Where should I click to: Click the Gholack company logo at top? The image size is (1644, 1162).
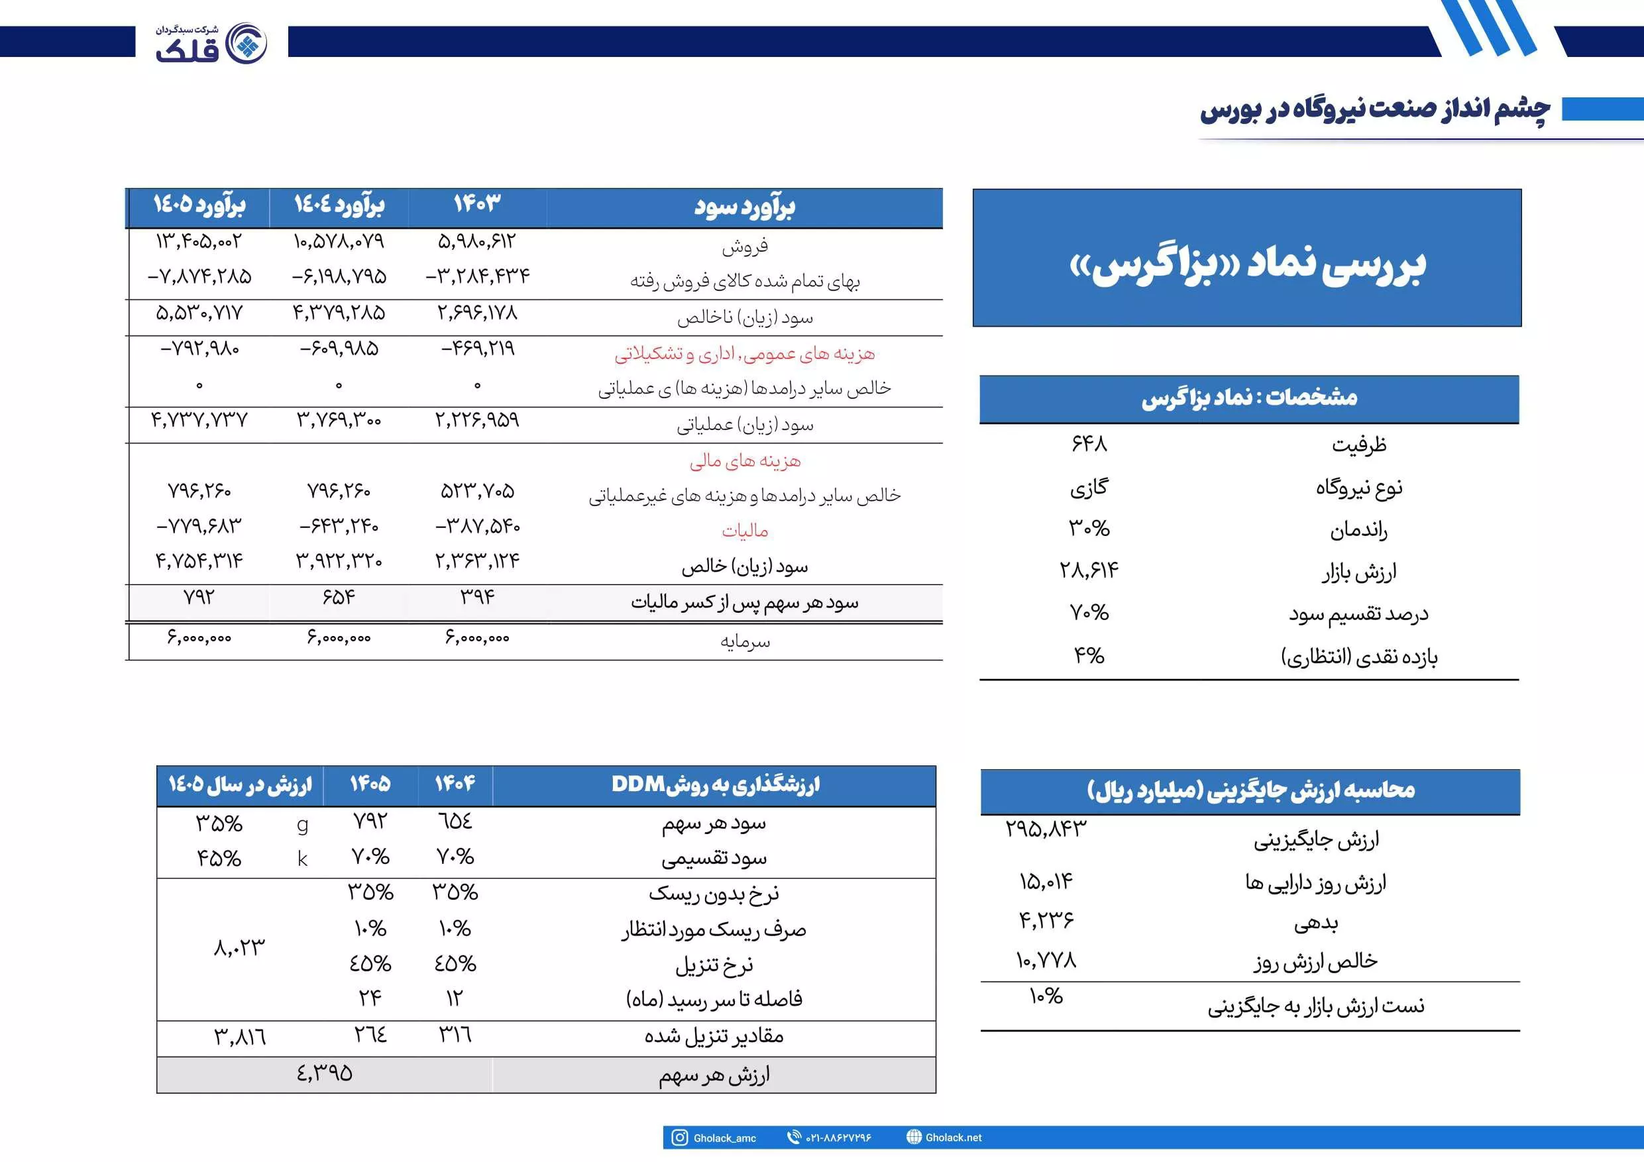pyautogui.click(x=211, y=43)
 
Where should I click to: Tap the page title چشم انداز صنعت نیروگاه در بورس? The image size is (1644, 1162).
pyautogui.click(x=1375, y=109)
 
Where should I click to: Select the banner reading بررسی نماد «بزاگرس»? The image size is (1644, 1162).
pyautogui.click(x=1246, y=264)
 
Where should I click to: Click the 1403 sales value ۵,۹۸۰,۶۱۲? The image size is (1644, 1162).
pyautogui.click(x=476, y=242)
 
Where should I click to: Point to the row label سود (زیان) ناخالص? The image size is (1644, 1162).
pyautogui.click(x=745, y=317)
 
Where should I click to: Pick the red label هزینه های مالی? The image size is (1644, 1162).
pyautogui.click(x=745, y=461)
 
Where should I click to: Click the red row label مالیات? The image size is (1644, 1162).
pyautogui.click(x=745, y=531)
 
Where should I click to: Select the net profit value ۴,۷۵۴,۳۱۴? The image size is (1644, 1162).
pyautogui.click(x=199, y=560)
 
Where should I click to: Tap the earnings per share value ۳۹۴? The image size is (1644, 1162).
pyautogui.click(x=477, y=597)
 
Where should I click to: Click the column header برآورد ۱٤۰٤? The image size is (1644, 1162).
pyautogui.click(x=339, y=205)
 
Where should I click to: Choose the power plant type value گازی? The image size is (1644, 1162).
pyautogui.click(x=1089, y=488)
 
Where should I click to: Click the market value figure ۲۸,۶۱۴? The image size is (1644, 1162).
pyautogui.click(x=1089, y=570)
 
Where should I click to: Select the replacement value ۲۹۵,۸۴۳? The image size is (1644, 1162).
pyautogui.click(x=1046, y=829)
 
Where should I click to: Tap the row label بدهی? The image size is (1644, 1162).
pyautogui.click(x=1315, y=924)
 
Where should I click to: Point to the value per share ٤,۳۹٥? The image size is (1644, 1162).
pyautogui.click(x=325, y=1073)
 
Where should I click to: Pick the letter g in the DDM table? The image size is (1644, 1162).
pyautogui.click(x=302, y=825)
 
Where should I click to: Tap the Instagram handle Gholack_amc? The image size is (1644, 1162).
pyautogui.click(x=724, y=1138)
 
